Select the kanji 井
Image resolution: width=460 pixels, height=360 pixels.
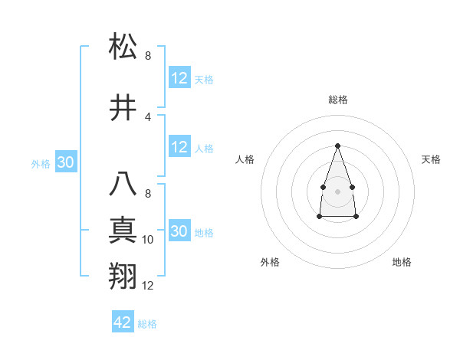point(123,109)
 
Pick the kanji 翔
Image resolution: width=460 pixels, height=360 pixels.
point(123,277)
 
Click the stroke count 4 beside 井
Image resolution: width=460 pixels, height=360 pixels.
point(148,117)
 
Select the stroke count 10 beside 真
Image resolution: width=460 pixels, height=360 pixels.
point(148,240)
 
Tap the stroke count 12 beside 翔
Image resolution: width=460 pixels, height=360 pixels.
point(148,285)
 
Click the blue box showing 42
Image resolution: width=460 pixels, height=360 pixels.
point(123,322)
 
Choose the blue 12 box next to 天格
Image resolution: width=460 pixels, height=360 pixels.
point(179,78)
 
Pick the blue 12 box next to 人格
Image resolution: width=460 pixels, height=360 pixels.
point(179,147)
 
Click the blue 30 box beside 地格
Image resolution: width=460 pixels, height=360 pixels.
point(179,231)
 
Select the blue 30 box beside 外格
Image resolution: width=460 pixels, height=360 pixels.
point(66,162)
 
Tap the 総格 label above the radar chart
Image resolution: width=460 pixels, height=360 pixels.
point(338,100)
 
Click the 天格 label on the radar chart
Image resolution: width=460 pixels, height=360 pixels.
point(431,159)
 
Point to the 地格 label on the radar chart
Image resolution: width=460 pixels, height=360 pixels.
point(402,262)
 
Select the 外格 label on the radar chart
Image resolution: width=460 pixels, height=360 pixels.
point(270,262)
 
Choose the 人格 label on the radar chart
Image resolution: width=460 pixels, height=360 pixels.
point(245,159)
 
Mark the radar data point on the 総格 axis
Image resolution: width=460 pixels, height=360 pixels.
point(337,145)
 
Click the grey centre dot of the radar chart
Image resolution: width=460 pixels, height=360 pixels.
point(337,190)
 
